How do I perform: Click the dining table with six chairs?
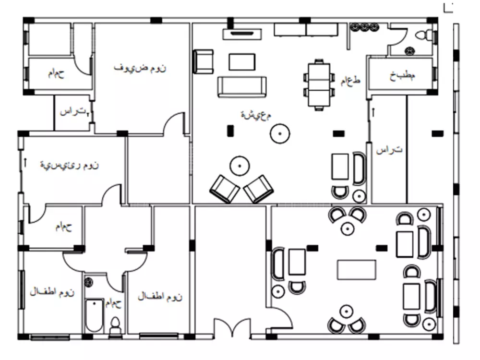[318, 84]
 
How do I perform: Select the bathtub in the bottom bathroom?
[94, 314]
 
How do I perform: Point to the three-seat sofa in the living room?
[241, 86]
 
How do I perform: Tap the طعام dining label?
[350, 80]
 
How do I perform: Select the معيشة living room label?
[256, 115]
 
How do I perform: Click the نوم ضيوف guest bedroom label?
[140, 68]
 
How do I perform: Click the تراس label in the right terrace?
[389, 150]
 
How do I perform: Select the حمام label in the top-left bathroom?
[56, 73]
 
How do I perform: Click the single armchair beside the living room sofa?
[204, 61]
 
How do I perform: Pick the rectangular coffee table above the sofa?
[242, 61]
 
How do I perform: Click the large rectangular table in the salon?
[356, 269]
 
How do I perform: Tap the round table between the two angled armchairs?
[239, 166]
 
